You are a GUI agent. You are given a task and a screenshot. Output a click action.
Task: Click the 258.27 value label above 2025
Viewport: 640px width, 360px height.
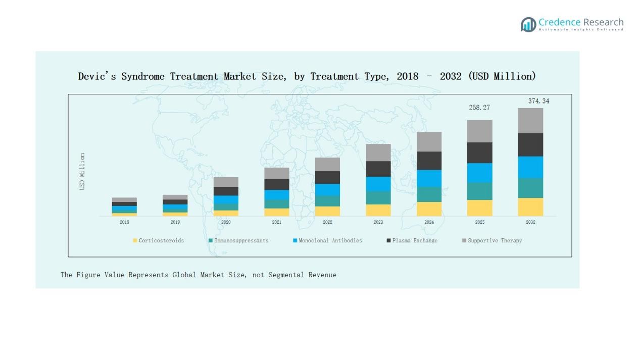click(x=479, y=108)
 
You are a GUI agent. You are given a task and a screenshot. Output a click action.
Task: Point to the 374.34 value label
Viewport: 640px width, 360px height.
click(x=538, y=101)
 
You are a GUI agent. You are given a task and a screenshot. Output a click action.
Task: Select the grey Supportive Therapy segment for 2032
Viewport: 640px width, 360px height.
click(x=530, y=120)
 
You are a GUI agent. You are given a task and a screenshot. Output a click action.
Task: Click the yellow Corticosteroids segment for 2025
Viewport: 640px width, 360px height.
click(x=479, y=208)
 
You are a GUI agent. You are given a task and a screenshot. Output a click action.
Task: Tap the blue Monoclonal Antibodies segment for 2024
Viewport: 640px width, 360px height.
click(x=429, y=178)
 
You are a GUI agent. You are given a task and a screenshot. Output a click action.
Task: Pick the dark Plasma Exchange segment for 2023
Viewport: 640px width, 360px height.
click(x=378, y=169)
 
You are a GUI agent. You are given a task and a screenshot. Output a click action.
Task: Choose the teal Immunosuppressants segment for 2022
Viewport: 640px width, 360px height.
click(x=327, y=201)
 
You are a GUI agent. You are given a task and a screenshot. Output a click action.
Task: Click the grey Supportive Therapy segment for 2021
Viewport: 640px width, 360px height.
click(x=277, y=173)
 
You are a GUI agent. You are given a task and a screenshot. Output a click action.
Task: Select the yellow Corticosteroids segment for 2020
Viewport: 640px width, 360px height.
click(x=226, y=213)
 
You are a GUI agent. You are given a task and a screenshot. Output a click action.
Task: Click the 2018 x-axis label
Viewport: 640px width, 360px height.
click(x=124, y=222)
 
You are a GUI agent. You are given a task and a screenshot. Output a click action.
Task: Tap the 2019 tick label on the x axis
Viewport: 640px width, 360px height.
click(x=175, y=222)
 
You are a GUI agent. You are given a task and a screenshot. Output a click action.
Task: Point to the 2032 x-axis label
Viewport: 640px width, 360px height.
click(x=530, y=222)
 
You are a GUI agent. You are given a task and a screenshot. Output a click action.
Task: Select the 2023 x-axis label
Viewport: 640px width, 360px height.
click(x=378, y=222)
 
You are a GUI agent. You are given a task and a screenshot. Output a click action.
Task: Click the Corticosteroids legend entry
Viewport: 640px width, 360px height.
click(x=159, y=241)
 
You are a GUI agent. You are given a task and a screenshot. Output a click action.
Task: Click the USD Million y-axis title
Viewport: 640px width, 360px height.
click(x=82, y=172)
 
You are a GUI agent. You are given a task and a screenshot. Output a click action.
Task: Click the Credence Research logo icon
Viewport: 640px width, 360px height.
click(x=528, y=24)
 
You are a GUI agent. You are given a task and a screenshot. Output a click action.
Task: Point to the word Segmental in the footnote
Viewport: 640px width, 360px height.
click(x=286, y=275)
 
